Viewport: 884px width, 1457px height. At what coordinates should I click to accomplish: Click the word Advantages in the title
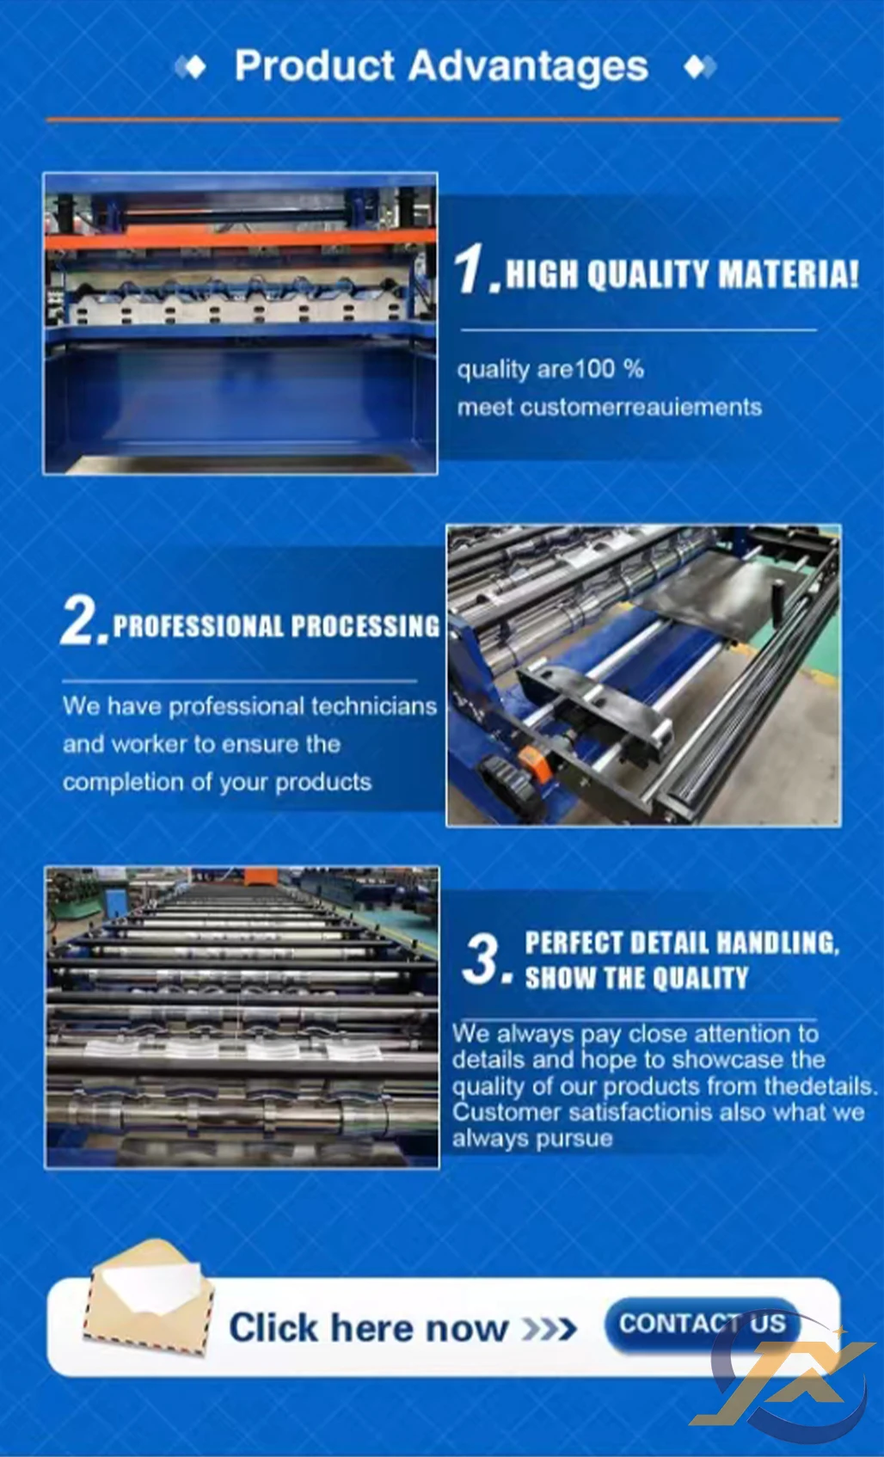click(x=528, y=67)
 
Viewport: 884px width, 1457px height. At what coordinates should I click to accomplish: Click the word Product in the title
click(x=315, y=65)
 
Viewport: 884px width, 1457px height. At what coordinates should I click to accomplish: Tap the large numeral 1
click(x=470, y=268)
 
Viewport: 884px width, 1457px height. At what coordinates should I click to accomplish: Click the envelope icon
click(x=149, y=1299)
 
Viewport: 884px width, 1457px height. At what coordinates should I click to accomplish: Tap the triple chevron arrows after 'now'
click(x=549, y=1330)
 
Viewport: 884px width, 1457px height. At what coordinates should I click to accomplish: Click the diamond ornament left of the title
click(x=191, y=67)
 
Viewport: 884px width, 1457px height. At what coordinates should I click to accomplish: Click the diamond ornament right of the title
click(x=701, y=67)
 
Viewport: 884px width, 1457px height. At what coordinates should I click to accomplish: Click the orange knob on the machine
click(x=532, y=759)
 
